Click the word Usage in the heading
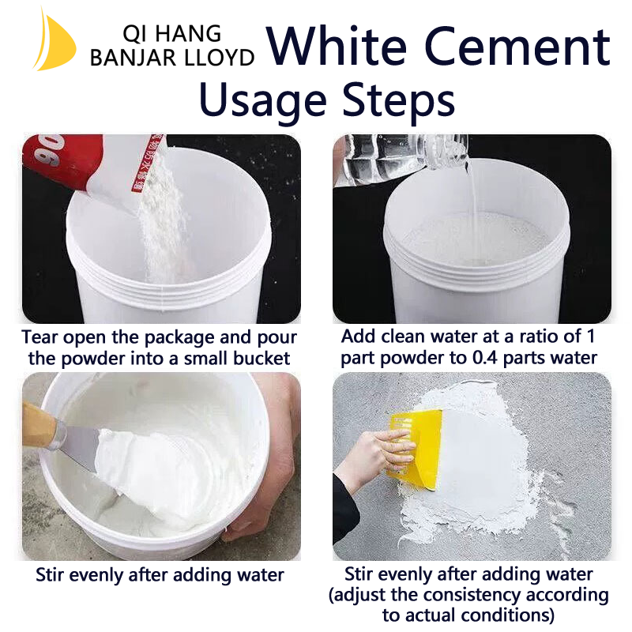tap(263, 100)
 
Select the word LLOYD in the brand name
tap(217, 58)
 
